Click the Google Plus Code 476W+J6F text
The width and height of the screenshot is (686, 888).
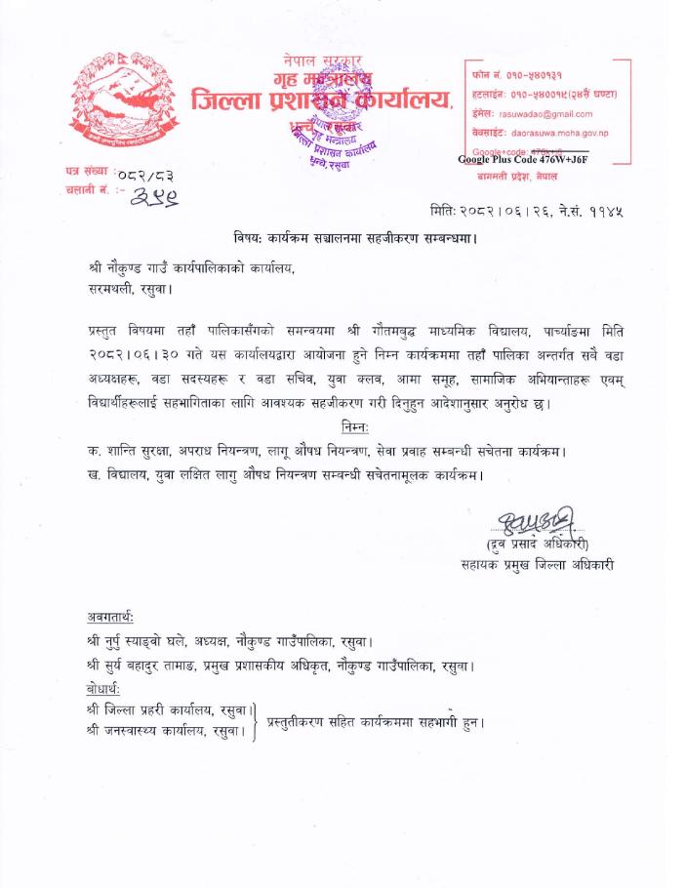coord(523,160)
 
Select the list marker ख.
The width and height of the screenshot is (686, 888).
coord(92,475)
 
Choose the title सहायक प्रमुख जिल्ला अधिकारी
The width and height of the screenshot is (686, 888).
coord(540,564)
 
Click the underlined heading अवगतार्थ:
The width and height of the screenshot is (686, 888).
coord(110,618)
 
